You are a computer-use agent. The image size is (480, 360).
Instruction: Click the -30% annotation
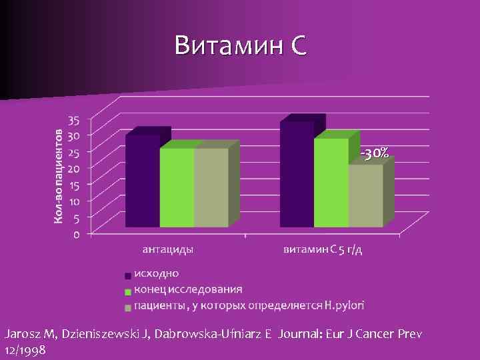[x=375, y=153]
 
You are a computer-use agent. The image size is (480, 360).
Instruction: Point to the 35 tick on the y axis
[x=73, y=121]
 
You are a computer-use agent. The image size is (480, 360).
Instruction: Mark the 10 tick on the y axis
[x=73, y=201]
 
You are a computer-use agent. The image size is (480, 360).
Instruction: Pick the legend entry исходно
[x=156, y=273]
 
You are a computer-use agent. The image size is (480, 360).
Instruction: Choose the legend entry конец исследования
[x=188, y=289]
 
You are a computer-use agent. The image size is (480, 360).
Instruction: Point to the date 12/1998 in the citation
[x=25, y=349]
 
